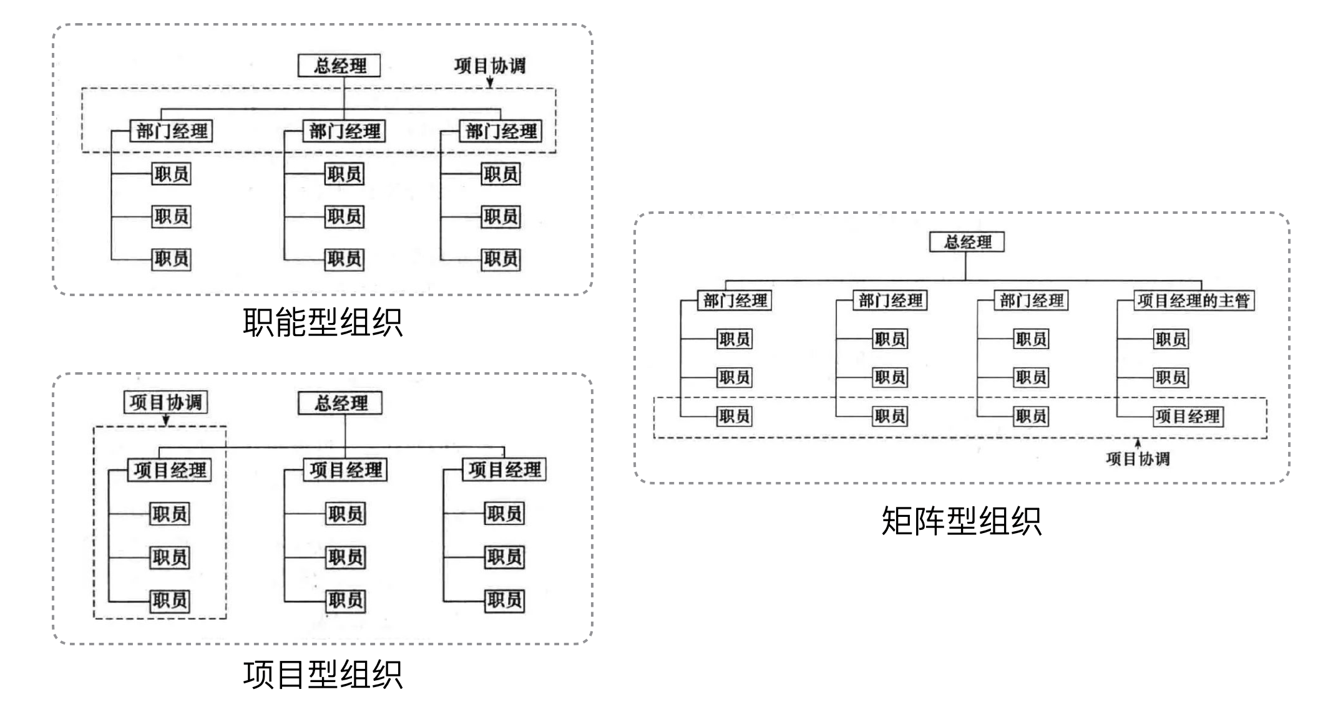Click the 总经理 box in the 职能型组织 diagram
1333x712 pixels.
(x=339, y=65)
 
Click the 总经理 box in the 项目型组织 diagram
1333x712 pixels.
(x=340, y=403)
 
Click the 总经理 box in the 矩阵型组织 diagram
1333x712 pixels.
(x=967, y=242)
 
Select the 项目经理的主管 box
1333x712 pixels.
(x=1193, y=301)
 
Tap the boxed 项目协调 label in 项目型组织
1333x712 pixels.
(x=165, y=402)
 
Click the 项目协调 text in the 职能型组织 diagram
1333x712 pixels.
(x=489, y=65)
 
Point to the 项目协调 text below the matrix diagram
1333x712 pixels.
(x=1137, y=459)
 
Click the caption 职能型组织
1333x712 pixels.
(x=323, y=322)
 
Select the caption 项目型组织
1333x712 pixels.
(x=323, y=675)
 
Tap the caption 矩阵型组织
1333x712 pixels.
(x=961, y=521)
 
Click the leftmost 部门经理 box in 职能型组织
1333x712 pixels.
(x=172, y=131)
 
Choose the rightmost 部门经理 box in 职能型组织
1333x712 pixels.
(x=500, y=131)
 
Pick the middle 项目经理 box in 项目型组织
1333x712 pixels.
(x=346, y=469)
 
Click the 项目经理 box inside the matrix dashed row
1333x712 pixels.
(x=1188, y=416)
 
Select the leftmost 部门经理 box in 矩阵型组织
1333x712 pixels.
(x=735, y=301)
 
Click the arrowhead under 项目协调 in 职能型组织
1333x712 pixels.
(x=490, y=84)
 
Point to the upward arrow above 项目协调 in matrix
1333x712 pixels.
(x=1138, y=443)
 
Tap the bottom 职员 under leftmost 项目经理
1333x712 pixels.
(x=170, y=600)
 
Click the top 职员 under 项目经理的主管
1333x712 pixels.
(x=1171, y=339)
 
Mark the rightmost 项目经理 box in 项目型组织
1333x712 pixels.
(x=504, y=469)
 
